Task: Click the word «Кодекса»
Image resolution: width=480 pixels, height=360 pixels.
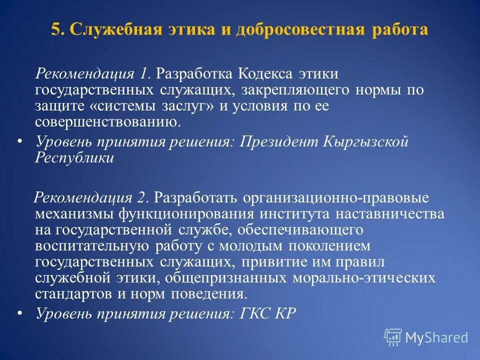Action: [264, 74]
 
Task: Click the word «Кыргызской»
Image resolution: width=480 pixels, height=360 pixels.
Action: [368, 141]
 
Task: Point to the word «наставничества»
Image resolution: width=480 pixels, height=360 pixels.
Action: [391, 214]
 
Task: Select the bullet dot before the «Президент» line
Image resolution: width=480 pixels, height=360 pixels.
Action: [20, 141]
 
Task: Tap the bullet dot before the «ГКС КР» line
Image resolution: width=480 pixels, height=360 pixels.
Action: [20, 313]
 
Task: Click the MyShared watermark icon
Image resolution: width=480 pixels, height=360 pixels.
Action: [393, 337]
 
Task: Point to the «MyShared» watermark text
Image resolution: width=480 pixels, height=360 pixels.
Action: [436, 338]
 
